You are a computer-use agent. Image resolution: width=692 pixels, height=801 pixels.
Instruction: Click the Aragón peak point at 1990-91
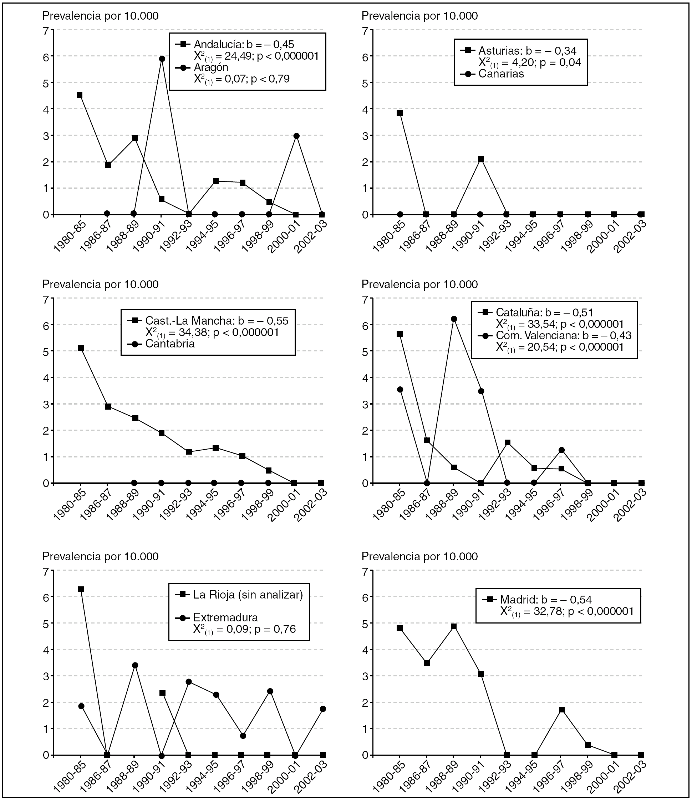[x=162, y=59]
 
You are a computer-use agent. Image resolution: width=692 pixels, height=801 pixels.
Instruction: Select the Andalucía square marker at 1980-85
[x=80, y=95]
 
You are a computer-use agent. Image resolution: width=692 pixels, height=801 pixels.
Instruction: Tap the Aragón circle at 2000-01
[x=296, y=136]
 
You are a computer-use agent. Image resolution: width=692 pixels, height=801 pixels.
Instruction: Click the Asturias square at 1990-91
[x=481, y=159]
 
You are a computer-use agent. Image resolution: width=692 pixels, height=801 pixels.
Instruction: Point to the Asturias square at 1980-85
[x=400, y=113]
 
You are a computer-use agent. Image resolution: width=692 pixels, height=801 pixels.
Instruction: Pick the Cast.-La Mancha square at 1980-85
[x=81, y=348]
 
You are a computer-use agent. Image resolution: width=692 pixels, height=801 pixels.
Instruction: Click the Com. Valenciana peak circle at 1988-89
[x=454, y=319]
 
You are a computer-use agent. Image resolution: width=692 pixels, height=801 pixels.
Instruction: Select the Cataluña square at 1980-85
[x=400, y=334]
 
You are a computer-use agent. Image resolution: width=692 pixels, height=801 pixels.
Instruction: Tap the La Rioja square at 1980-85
[x=81, y=589]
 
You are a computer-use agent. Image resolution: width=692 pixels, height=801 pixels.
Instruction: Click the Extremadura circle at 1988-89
[x=135, y=665]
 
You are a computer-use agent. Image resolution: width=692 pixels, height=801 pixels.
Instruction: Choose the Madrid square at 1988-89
[x=454, y=626]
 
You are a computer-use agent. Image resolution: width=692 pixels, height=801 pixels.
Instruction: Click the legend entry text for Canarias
[x=501, y=74]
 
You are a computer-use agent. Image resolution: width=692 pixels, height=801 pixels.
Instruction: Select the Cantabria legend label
[x=170, y=344]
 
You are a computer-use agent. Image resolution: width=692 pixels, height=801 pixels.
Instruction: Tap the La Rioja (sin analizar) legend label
[x=248, y=595]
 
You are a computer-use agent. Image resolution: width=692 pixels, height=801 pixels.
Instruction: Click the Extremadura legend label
[x=225, y=617]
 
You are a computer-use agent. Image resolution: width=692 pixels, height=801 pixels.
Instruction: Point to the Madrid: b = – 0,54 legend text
[x=546, y=600]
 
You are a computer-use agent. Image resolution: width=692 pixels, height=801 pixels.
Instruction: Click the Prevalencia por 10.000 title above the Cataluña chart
[x=419, y=285]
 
